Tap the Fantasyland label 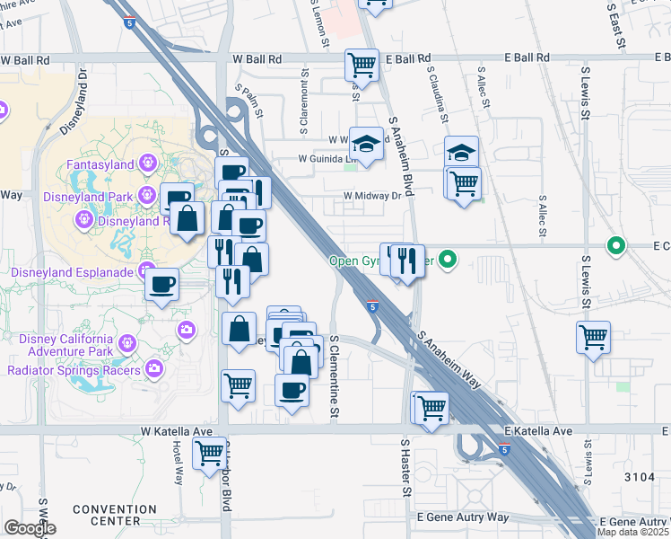pos(100,164)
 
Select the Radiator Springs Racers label pos(74,370)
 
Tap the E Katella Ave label pos(537,431)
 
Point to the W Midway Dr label pos(373,196)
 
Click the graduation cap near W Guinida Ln pos(366,144)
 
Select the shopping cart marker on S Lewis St pos(593,337)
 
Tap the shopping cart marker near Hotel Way pos(209,452)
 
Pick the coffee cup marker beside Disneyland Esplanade pos(161,284)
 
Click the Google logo pos(30,528)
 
